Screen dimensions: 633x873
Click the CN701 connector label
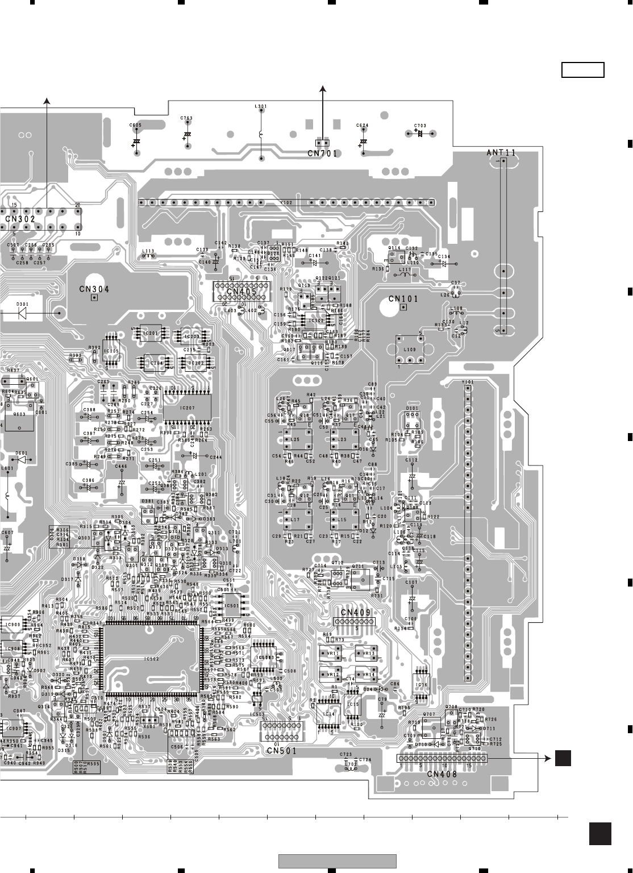pyautogui.click(x=322, y=153)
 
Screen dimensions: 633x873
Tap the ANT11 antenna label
pyautogui.click(x=502, y=152)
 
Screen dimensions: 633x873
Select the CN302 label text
pyautogui.click(x=20, y=218)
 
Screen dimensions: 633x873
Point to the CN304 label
pyautogui.click(x=94, y=289)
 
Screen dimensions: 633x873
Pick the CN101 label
pyautogui.click(x=403, y=299)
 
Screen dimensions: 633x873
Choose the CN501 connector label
pyautogui.click(x=282, y=750)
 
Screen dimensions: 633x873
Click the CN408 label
pyautogui.click(x=442, y=774)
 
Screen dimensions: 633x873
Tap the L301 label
pyautogui.click(x=261, y=106)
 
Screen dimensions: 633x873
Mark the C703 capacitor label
pyautogui.click(x=420, y=126)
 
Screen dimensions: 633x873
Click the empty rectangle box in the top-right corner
pyautogui.click(x=582, y=70)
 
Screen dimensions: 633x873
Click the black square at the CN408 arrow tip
pyautogui.click(x=563, y=758)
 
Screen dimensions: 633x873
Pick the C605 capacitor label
pyautogui.click(x=135, y=125)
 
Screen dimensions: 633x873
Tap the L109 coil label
pyautogui.click(x=409, y=350)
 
